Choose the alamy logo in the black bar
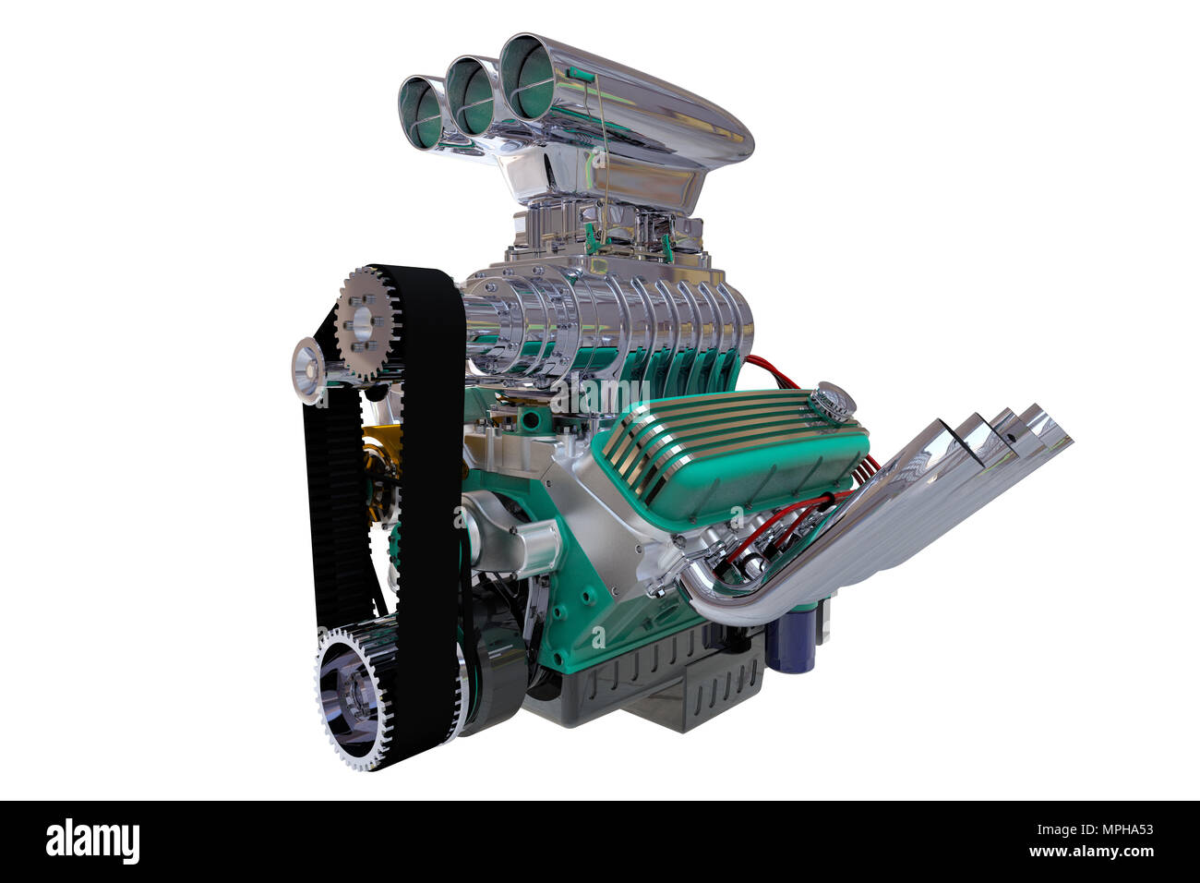pyautogui.click(x=92, y=841)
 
